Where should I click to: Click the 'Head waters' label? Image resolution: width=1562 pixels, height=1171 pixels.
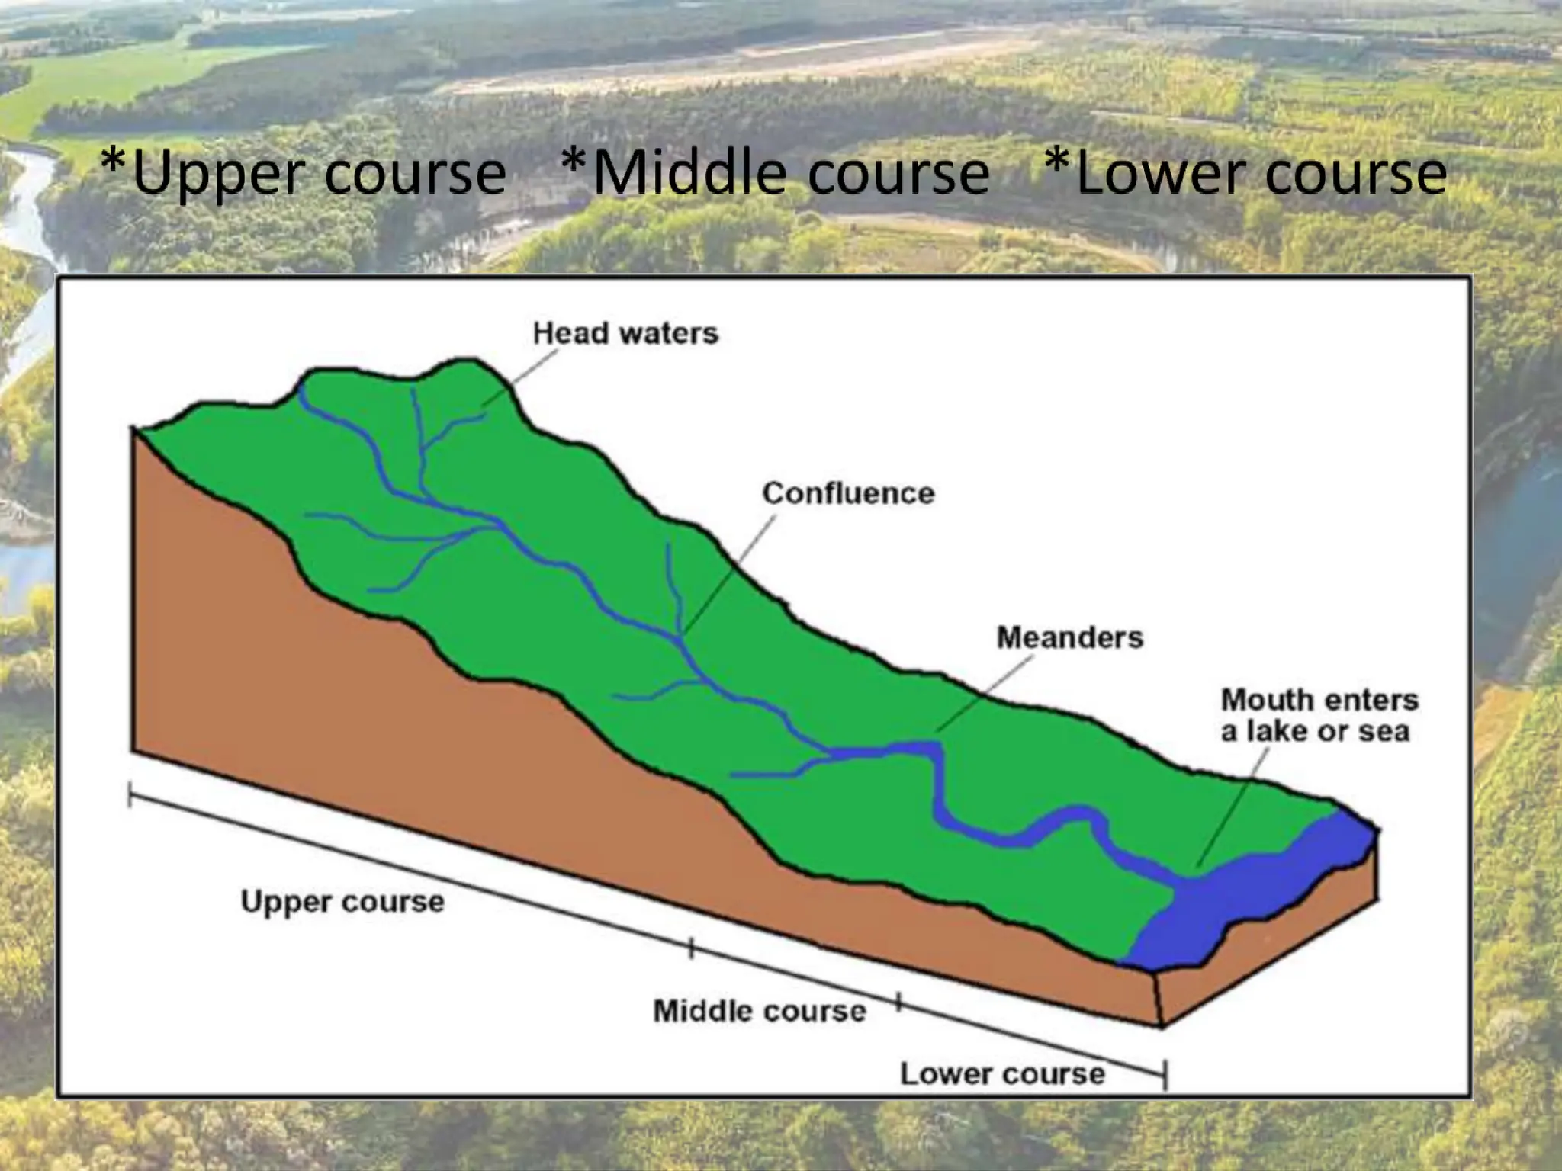coord(625,334)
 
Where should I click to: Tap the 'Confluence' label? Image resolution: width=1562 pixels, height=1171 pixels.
coord(848,493)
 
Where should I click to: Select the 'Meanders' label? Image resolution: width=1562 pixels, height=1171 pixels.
coord(1070,637)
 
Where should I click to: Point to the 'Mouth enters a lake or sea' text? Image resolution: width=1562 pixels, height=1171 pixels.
coord(1319,715)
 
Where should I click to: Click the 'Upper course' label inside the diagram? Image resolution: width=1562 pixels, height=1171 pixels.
coord(342,902)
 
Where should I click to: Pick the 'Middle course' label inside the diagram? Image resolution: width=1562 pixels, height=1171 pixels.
coord(760,1011)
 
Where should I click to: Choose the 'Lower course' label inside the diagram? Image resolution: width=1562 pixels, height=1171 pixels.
coord(1002,1073)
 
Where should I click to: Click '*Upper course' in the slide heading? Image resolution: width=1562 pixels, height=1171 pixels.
coord(304,173)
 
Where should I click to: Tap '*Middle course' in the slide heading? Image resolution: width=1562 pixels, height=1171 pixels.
coord(775,173)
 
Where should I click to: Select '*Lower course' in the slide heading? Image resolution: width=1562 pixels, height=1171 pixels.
coord(1245,173)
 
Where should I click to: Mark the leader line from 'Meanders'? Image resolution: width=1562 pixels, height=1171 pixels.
coord(984,694)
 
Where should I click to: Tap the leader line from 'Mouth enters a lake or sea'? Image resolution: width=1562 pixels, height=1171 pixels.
coord(1232,808)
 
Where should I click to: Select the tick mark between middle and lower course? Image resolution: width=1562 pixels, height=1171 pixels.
coord(899,1003)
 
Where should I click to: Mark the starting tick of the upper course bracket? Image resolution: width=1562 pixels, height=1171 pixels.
coord(130,797)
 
